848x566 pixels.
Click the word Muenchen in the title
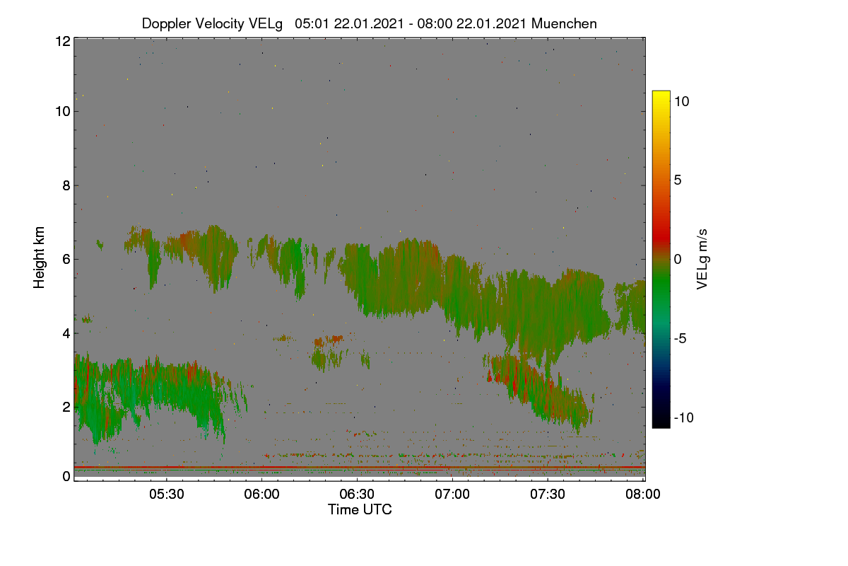[564, 23]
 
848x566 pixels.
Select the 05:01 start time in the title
[312, 23]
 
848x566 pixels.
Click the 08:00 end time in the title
[435, 23]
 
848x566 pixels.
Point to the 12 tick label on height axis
[63, 41]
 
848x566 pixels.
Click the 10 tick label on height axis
[63, 112]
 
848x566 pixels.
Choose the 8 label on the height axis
[66, 186]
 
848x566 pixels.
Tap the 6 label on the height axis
[66, 260]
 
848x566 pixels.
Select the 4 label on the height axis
[66, 334]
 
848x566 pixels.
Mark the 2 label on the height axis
[66, 407]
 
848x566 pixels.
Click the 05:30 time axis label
[167, 494]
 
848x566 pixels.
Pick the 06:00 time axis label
[261, 494]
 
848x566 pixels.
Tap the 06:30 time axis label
[357, 494]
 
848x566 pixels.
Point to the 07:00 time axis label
[452, 494]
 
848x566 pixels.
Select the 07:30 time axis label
[548, 494]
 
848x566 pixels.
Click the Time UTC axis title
[360, 509]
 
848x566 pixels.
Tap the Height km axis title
[39, 258]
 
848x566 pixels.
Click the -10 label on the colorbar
[684, 417]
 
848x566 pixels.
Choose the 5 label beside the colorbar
[678, 180]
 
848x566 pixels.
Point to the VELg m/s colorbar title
[702, 260]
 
